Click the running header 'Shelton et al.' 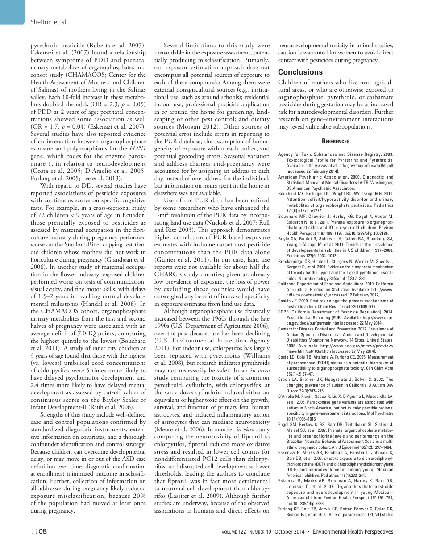[x=49, y=21]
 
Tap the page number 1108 [x=39, y=531]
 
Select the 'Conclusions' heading [x=300, y=72]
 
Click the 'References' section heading [x=336, y=141]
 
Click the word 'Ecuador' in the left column [x=133, y=213]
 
